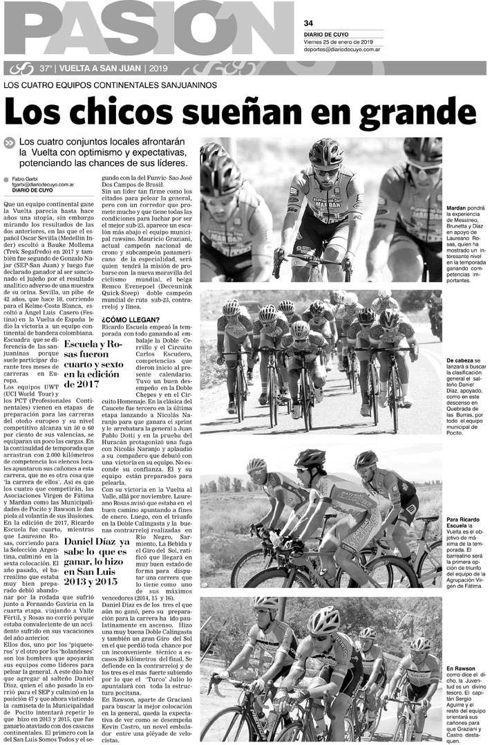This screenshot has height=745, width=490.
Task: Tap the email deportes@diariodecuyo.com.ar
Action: point(344,50)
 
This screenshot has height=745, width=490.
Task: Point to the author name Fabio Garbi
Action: point(26,179)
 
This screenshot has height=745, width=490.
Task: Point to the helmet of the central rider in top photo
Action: point(326,151)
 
